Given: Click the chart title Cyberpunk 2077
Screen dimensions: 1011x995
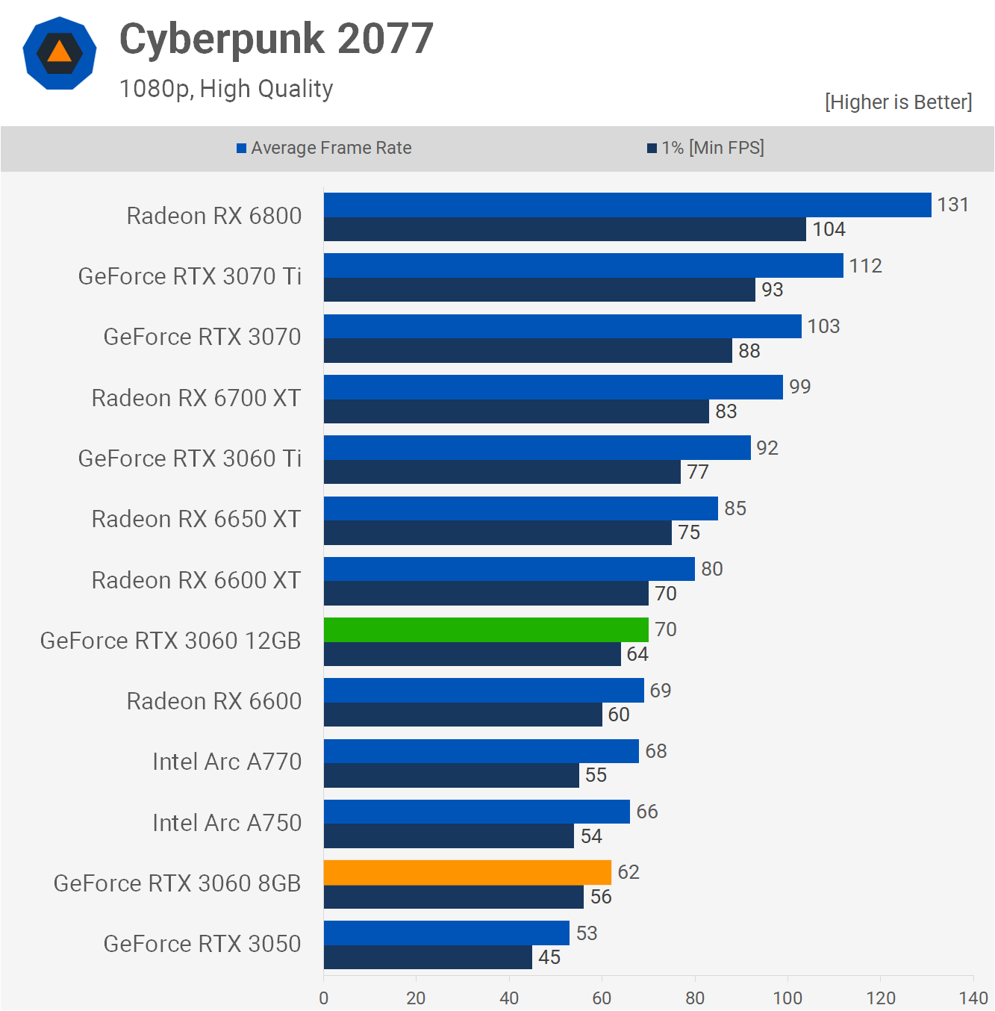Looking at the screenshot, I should [x=276, y=39].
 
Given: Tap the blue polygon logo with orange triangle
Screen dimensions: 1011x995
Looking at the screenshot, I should [x=60, y=54].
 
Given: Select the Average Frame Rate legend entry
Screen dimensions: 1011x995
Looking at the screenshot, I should [x=324, y=148].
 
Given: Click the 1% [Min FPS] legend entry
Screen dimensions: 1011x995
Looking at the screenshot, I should [x=706, y=148].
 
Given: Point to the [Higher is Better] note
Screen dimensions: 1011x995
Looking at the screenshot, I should [x=898, y=102].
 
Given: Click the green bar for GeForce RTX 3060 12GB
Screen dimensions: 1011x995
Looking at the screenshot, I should [x=486, y=629].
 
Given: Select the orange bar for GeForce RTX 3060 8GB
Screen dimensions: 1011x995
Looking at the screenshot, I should [x=467, y=872].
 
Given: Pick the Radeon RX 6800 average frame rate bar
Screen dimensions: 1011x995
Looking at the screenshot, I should [x=627, y=205].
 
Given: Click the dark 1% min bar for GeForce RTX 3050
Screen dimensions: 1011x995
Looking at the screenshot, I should [x=428, y=957].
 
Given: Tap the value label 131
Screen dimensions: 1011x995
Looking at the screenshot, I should [x=952, y=205].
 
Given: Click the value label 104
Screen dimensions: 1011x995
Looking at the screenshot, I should [x=829, y=229].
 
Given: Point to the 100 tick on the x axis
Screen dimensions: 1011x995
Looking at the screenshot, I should [x=787, y=998].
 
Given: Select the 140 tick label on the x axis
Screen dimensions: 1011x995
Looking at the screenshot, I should [x=973, y=998].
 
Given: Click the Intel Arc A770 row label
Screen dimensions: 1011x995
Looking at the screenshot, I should [x=227, y=762].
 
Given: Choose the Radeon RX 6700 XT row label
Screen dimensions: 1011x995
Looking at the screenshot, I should [x=196, y=398].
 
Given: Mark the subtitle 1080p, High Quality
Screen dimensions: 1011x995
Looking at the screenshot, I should [x=226, y=89].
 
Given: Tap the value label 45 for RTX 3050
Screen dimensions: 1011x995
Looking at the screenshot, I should [x=549, y=957].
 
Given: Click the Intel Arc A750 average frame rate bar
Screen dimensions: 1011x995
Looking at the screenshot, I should [x=477, y=812].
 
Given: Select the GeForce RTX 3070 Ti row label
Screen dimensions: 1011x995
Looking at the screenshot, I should [x=190, y=276].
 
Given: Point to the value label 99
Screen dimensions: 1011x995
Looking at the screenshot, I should [x=799, y=387].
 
